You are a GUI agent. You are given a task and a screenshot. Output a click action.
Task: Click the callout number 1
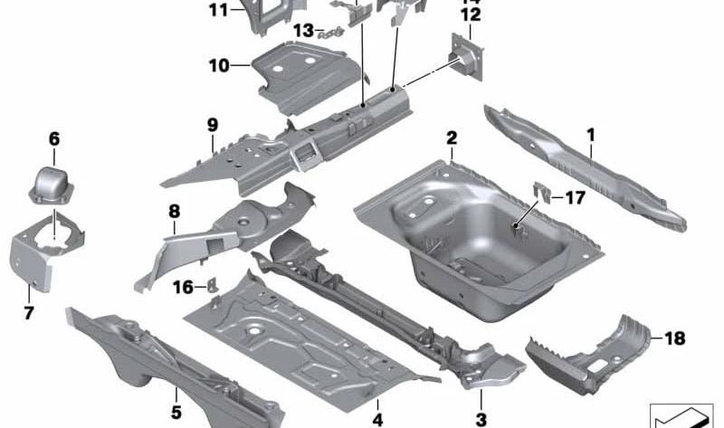pyautogui.click(x=590, y=137)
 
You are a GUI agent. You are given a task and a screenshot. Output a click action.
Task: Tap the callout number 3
pyautogui.click(x=481, y=419)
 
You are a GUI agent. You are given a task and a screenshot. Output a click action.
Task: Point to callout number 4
pyautogui.click(x=377, y=419)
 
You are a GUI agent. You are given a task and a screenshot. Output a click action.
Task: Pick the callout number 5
pyautogui.click(x=176, y=395)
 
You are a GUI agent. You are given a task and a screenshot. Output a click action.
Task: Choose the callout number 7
pyautogui.click(x=29, y=314)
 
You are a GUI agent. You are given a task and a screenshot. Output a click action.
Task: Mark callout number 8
pyautogui.click(x=174, y=212)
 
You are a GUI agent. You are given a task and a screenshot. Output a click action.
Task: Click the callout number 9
pyautogui.click(x=212, y=124)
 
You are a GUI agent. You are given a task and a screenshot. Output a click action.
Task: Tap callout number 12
pyautogui.click(x=470, y=14)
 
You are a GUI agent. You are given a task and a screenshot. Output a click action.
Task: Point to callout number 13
pyautogui.click(x=303, y=31)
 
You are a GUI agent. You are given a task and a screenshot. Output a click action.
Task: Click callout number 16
pyautogui.click(x=183, y=287)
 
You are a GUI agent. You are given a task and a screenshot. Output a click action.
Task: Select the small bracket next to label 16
pyautogui.click(x=214, y=286)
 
